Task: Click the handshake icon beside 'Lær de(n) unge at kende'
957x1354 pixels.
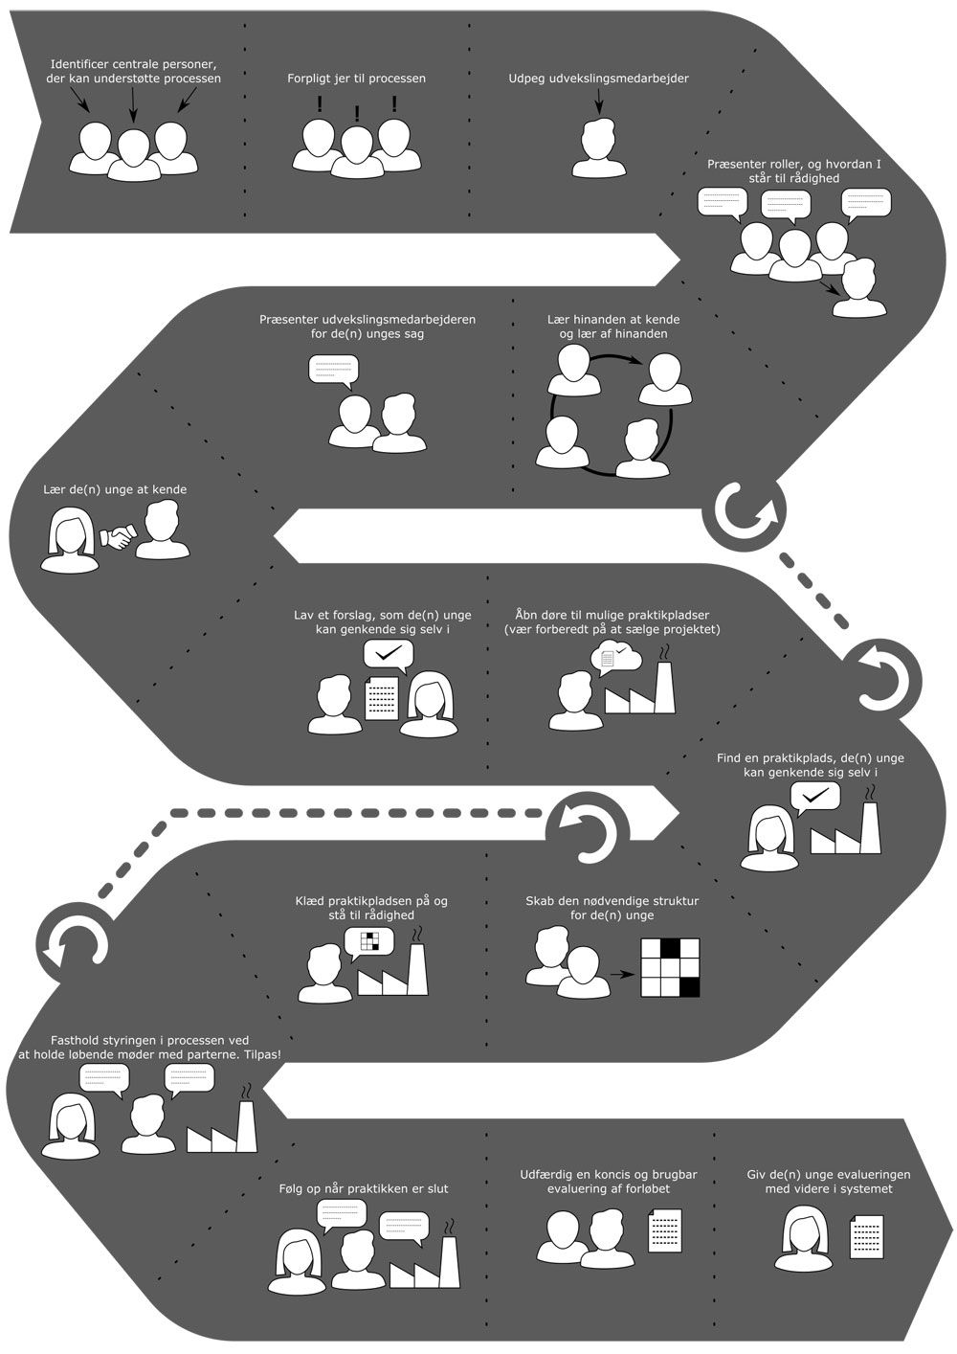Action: point(119,538)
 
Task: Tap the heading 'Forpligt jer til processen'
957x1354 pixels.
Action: point(357,79)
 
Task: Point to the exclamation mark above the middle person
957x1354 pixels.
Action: point(357,114)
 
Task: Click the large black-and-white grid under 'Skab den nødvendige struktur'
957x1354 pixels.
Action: point(670,966)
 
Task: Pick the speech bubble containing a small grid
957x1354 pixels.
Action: point(368,942)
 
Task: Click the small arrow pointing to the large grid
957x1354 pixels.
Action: point(623,975)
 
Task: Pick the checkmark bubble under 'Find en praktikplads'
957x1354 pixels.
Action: point(814,796)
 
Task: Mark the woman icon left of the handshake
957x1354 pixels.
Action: point(70,541)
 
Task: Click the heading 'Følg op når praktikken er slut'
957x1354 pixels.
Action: point(357,1188)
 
